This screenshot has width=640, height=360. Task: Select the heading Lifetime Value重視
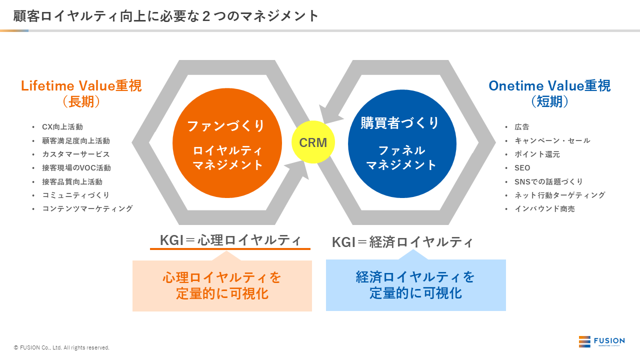point(81,85)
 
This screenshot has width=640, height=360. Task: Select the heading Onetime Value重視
point(549,85)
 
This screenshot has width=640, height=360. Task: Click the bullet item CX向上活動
point(62,127)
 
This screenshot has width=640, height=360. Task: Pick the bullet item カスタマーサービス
point(76,154)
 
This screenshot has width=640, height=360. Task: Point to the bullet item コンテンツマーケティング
point(87,209)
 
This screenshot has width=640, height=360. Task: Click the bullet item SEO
point(522,168)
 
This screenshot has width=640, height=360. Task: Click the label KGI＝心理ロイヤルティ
point(230,240)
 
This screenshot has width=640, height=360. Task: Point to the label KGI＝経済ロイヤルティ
point(402,242)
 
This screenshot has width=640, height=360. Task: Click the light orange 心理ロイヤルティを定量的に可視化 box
point(222,285)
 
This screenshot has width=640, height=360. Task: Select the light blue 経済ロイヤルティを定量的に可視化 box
point(415,285)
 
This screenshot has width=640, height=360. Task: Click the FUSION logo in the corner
point(601,342)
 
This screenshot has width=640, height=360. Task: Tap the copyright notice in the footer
point(61,347)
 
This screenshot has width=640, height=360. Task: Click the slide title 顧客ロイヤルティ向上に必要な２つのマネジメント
point(166,16)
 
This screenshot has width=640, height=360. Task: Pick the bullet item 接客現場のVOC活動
point(76,168)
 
